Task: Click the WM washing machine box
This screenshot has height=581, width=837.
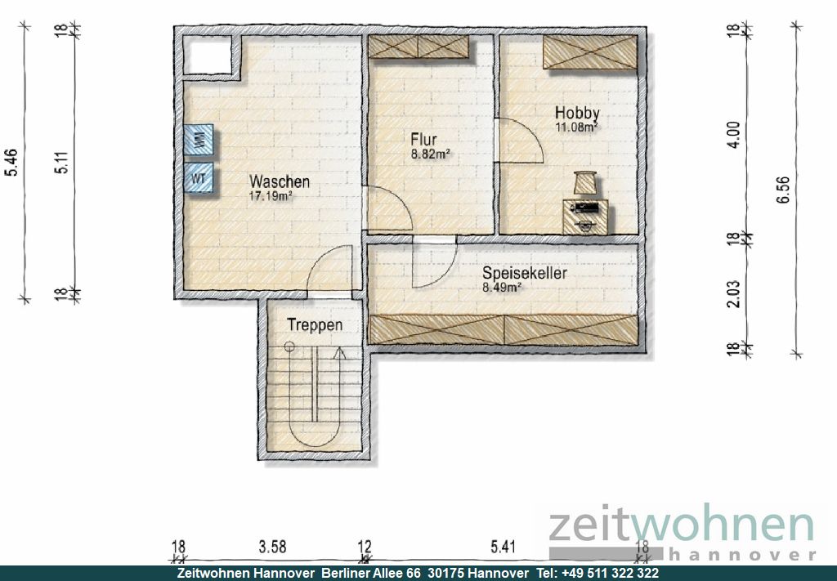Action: [199, 140]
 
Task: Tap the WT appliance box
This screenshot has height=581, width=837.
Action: [199, 177]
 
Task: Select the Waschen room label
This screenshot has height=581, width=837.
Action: [280, 181]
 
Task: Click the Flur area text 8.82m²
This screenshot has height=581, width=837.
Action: [430, 154]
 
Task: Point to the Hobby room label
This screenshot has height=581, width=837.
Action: [577, 113]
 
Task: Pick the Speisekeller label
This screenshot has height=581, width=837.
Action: [525, 273]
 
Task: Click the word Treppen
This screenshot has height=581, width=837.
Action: [315, 324]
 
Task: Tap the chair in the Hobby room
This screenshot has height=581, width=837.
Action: [585, 182]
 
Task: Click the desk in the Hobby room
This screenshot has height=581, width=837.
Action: [585, 217]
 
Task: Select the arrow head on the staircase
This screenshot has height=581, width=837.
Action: [339, 353]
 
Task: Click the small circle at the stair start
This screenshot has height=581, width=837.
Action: [289, 346]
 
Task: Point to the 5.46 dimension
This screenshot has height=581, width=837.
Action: [11, 162]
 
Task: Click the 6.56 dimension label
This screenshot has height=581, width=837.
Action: [783, 190]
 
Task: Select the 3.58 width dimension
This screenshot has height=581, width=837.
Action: [272, 547]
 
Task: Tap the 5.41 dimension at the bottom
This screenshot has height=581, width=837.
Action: [503, 547]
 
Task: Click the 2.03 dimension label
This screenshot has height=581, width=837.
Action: [735, 294]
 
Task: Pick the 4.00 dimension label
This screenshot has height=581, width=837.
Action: [735, 135]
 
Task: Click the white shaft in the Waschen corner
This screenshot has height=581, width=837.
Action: [208, 56]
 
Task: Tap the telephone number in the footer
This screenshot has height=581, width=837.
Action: [610, 573]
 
